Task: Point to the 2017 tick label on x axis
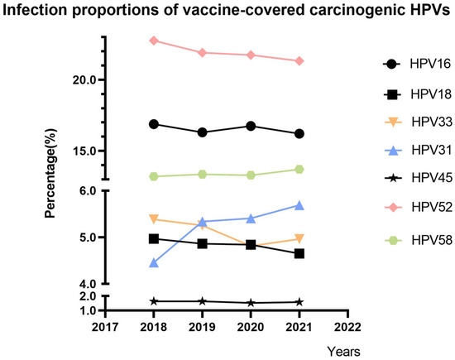point(104,329)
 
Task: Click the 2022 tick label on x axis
point(348,329)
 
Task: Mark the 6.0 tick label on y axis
point(85,190)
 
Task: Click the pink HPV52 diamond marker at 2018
point(153,41)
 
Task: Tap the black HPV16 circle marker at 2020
point(251,126)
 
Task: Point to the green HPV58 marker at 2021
point(299,169)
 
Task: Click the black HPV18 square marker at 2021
point(299,253)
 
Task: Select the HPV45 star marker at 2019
point(202,301)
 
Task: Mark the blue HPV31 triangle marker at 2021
point(299,204)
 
